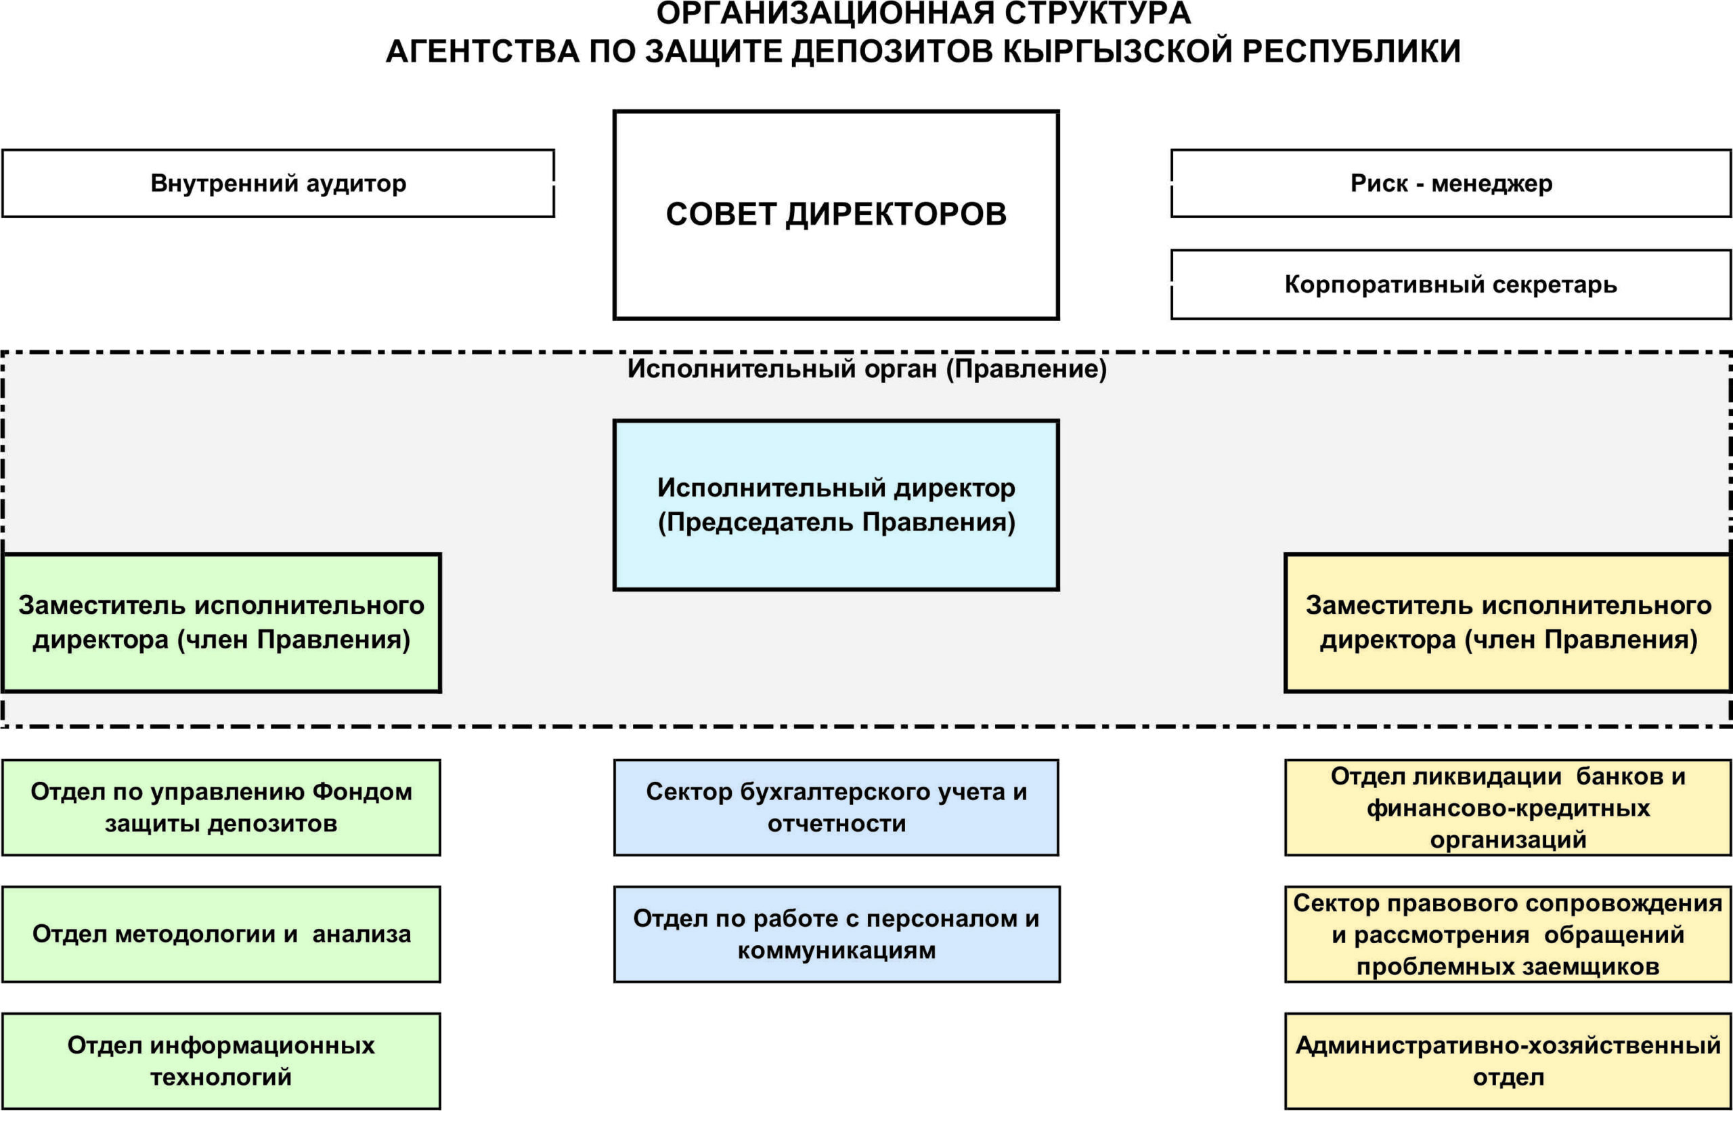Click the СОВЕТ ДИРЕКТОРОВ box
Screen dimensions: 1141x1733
836,215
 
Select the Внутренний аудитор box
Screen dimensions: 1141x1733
278,184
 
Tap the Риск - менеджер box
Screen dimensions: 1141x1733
1451,184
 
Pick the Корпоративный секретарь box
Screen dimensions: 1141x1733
1451,284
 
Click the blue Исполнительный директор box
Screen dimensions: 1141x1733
836,505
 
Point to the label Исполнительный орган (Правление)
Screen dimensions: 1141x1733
866,369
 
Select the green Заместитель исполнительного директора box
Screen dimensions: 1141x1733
221,623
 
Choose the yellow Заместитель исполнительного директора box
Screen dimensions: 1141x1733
1508,623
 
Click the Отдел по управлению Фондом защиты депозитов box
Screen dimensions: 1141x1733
221,807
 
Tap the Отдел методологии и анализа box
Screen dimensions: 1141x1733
221,934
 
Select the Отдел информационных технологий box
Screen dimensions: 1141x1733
221,1061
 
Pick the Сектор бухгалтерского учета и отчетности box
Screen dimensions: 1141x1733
836,807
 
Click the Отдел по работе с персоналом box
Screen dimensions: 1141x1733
836,934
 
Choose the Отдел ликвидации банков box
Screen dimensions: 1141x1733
1508,807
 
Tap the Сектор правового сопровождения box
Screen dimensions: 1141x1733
1508,934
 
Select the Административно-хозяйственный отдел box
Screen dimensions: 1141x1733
1508,1061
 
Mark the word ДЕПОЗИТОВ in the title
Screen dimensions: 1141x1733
892,51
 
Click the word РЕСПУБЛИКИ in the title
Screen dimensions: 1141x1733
1351,51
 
